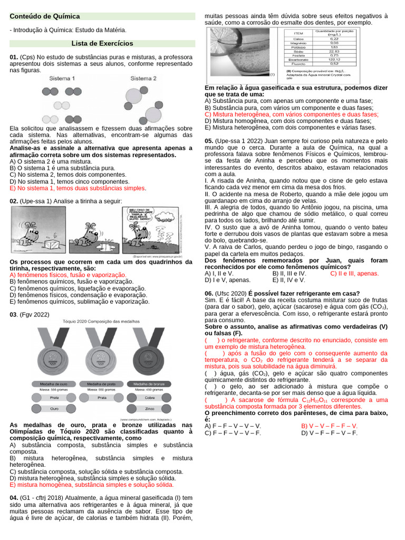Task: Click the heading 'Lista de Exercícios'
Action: [102, 44]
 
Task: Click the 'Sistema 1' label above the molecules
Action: [62, 79]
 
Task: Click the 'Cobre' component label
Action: [149, 397]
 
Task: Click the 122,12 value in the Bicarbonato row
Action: [334, 59]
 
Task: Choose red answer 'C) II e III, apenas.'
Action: [354, 274]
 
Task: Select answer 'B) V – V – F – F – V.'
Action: [329, 426]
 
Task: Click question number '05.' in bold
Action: [209, 141]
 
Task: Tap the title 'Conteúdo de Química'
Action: [45, 16]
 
